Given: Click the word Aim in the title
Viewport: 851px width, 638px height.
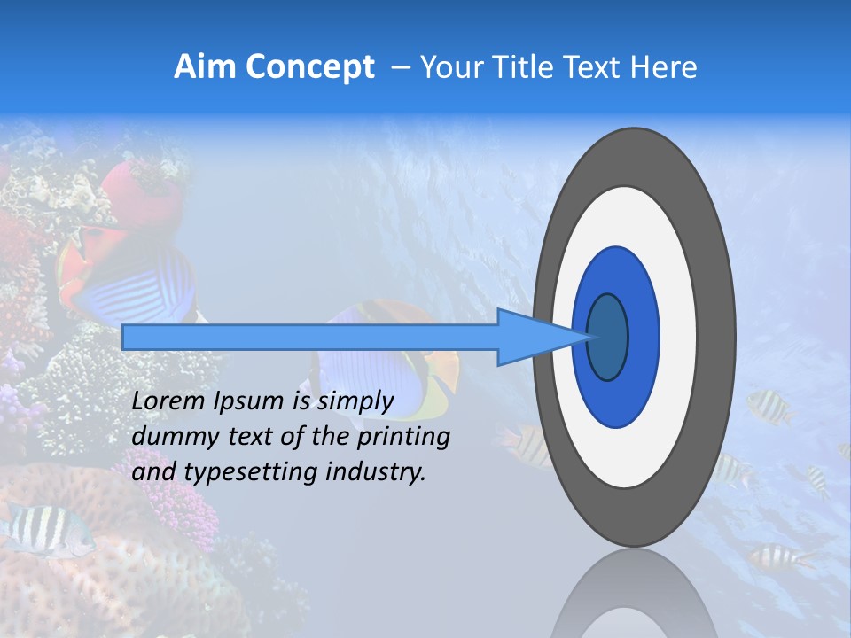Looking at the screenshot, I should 205,67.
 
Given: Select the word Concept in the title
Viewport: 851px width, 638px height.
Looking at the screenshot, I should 309,67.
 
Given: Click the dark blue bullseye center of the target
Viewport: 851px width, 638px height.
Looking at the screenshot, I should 608,337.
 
